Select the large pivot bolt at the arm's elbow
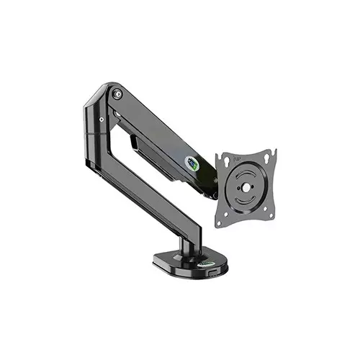[117, 94]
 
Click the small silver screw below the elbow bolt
[102, 118]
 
